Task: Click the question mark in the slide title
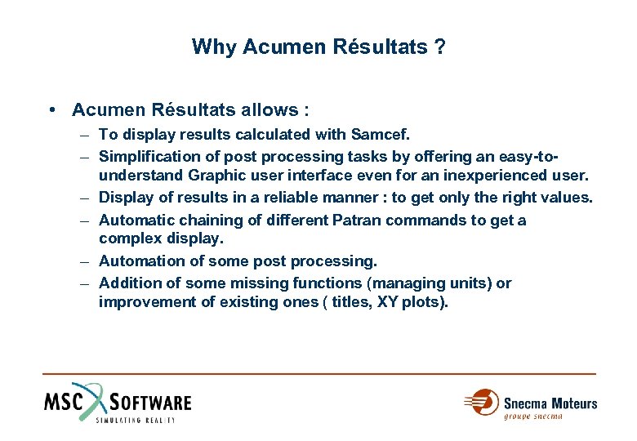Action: pyautogui.click(x=440, y=47)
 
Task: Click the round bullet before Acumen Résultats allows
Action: pyautogui.click(x=51, y=109)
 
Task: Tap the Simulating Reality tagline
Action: pyautogui.click(x=135, y=420)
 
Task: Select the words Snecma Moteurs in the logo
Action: pyautogui.click(x=550, y=403)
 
